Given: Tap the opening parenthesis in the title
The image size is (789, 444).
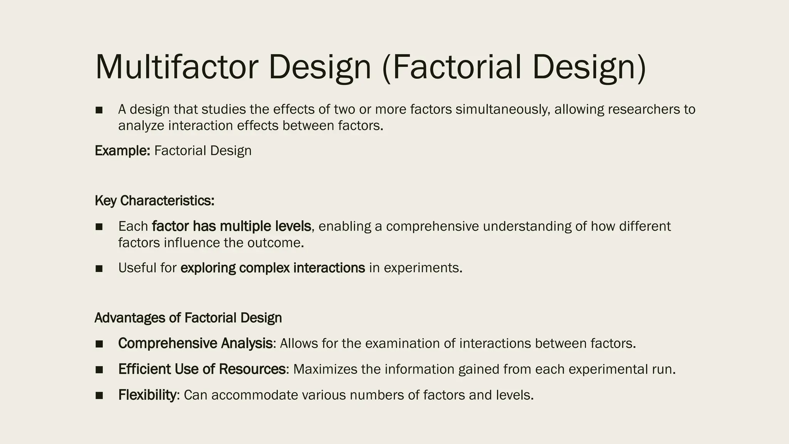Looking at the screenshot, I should pos(386,68).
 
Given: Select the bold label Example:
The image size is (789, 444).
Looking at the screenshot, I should pos(122,151).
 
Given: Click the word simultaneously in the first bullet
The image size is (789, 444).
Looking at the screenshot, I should pos(503,109).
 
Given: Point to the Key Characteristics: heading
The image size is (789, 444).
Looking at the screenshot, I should pos(154,201).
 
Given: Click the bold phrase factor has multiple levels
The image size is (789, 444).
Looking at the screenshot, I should pos(232,226).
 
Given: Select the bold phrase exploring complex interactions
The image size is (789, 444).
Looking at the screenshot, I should pos(272,268).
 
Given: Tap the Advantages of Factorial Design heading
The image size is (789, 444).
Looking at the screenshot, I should pos(188,318).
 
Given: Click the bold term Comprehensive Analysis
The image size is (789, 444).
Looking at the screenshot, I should pos(195,343).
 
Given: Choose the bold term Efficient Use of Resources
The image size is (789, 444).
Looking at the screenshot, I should pos(202,369).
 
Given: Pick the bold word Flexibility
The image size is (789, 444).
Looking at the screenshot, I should pos(147,395).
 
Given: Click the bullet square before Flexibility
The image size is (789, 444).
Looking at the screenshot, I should pos(99,395).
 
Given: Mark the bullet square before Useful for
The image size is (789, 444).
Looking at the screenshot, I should pos(99,268).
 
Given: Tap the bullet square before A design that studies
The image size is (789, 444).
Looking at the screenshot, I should pos(99,110).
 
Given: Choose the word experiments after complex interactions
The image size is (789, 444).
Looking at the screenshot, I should pos(421,268).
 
